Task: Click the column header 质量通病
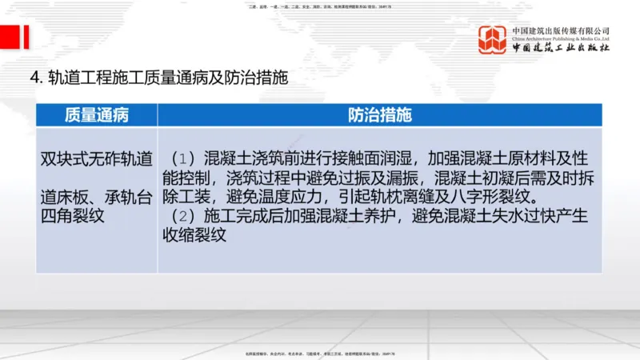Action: tap(96, 114)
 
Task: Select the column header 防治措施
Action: tap(379, 114)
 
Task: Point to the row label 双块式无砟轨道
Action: tap(96, 158)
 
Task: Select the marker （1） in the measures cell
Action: tap(182, 158)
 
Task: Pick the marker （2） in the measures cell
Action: tap(182, 216)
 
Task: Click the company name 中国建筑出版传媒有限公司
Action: tap(562, 30)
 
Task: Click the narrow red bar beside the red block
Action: tap(27, 37)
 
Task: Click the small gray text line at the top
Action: tap(320, 6)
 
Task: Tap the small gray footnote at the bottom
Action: tap(320, 353)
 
